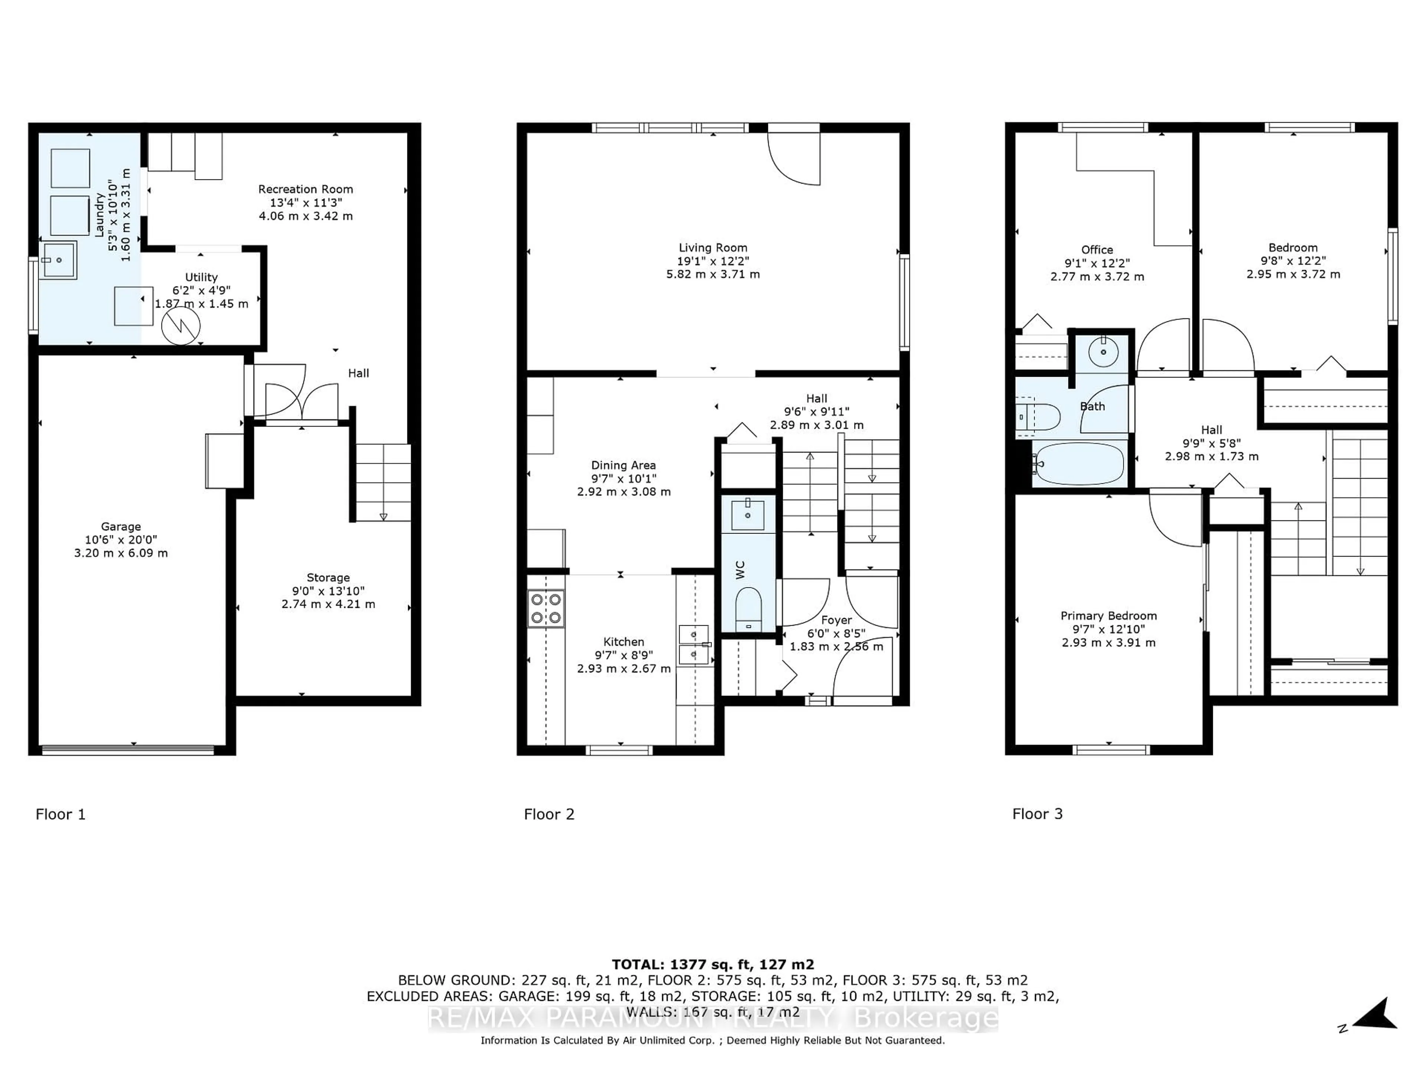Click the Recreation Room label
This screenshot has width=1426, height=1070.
(306, 189)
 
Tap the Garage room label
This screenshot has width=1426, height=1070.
(121, 526)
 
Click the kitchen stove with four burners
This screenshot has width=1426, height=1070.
(546, 608)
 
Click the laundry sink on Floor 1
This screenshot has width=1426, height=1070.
(58, 260)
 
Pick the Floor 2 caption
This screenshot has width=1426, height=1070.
(548, 814)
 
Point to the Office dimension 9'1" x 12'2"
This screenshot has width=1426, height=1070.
(1097, 263)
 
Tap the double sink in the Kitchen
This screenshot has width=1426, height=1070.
(694, 644)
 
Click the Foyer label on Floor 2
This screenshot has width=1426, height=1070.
(836, 620)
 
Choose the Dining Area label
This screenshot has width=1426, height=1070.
(624, 465)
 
